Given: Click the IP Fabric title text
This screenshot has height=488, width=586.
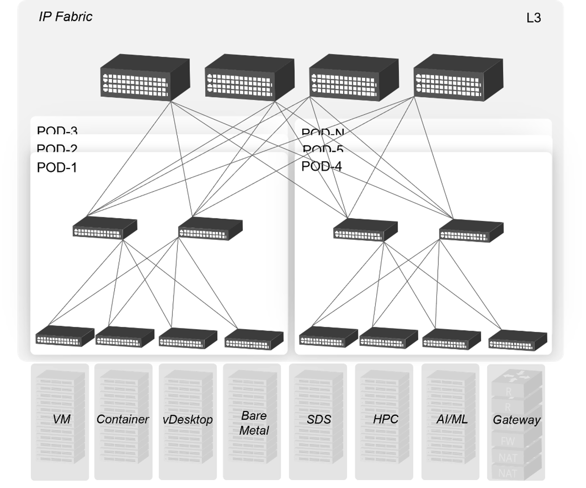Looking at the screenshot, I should coord(65,17).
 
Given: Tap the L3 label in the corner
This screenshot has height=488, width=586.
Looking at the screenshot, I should coord(533,18).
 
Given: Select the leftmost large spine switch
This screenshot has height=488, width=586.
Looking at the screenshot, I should coord(145,77).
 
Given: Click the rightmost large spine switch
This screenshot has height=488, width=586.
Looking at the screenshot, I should coord(458,78).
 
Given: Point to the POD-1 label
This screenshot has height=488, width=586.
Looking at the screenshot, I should coord(57,168).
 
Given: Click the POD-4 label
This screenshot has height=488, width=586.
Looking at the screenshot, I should coord(321,167).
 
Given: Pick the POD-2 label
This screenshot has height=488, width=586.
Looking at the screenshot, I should coord(57,149).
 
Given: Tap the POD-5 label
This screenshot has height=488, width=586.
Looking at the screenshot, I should coord(323,150).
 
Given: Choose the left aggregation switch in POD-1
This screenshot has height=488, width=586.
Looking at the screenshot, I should coord(105,228).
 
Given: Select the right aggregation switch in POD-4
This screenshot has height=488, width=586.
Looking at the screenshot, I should coord(471,231).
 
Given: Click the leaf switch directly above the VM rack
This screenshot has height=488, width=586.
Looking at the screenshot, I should coord(65,336).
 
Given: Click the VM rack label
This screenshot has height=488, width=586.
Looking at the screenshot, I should coord(62,419).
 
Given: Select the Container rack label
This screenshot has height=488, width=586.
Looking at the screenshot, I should coord(122,419).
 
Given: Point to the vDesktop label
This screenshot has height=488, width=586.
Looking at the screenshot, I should coord(188,420).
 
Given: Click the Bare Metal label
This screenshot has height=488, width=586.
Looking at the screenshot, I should coord(253,423).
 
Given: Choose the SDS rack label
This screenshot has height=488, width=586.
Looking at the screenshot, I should coord(319,420).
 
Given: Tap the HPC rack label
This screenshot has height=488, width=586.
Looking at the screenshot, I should coord(385,419).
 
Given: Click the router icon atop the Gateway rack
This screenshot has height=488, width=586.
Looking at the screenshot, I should coord(516,378).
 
